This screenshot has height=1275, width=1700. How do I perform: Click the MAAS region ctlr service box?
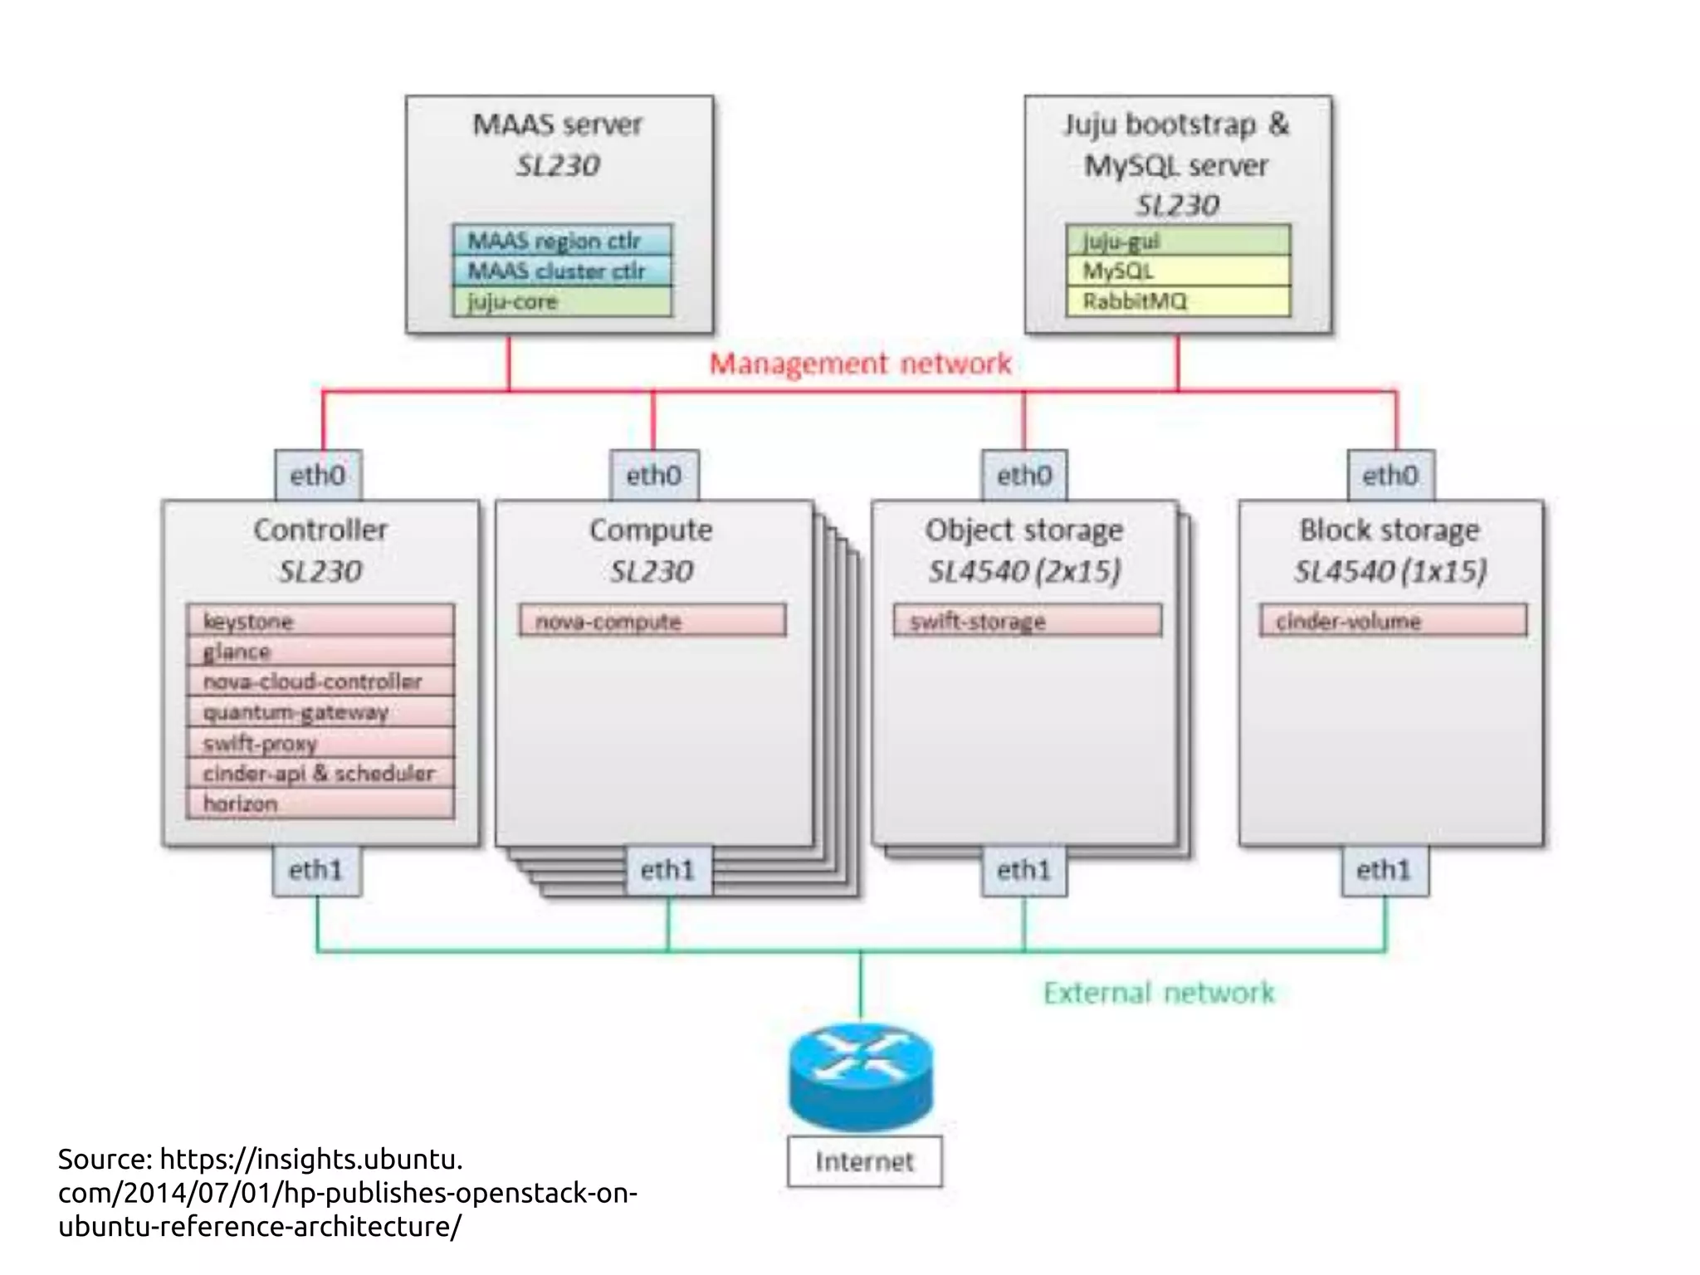(x=562, y=241)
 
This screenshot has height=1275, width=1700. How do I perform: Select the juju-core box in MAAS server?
(x=562, y=301)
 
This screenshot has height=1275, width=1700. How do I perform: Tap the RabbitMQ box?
(x=1178, y=301)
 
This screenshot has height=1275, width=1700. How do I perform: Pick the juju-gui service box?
(x=1178, y=241)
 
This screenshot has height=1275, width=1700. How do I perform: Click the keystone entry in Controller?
(x=320, y=621)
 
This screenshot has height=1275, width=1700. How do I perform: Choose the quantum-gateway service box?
(x=320, y=712)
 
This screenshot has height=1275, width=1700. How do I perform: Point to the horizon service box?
(x=320, y=804)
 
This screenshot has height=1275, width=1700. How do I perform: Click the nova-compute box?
(x=652, y=621)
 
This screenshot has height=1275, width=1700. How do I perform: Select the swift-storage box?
(x=1027, y=621)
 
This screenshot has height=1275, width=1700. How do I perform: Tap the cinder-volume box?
(x=1393, y=621)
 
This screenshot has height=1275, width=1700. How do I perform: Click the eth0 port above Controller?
(x=318, y=476)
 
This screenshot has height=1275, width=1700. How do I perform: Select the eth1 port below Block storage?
(x=1384, y=870)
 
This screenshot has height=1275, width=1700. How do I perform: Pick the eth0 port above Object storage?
(x=1023, y=476)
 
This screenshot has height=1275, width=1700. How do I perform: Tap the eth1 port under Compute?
(x=668, y=870)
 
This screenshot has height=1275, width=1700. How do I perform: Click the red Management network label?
(x=860, y=364)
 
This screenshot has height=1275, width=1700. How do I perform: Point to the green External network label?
(x=1158, y=993)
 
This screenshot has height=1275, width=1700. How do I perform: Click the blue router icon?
(x=861, y=1077)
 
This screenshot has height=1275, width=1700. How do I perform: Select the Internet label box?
(x=864, y=1161)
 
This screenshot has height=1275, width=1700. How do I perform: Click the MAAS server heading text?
(x=558, y=125)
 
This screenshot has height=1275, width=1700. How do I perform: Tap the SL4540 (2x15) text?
(x=1024, y=571)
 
